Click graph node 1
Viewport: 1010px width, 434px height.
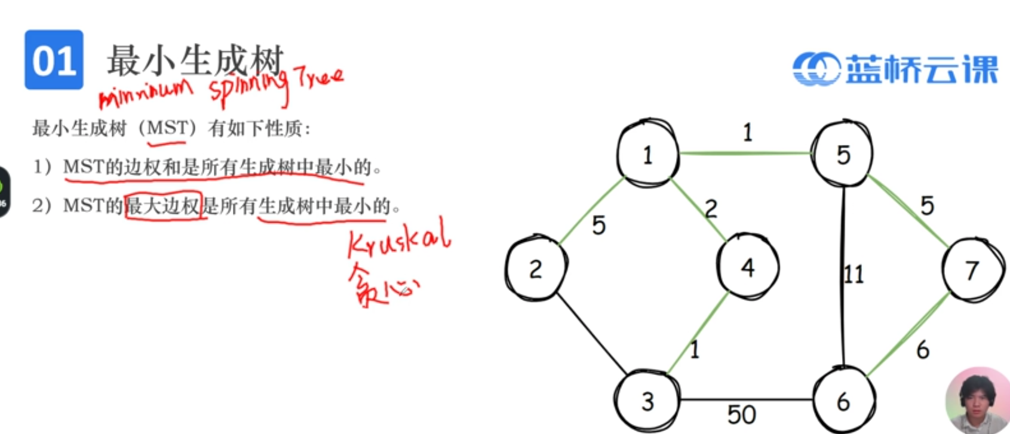pos(647,155)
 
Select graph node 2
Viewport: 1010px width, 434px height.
pos(535,269)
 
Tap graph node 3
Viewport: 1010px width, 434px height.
pos(647,401)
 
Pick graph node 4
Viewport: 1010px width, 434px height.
pos(747,267)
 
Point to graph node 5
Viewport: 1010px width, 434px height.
pos(843,155)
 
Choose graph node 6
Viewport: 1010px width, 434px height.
pos(843,402)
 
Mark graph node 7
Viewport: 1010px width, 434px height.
pos(972,270)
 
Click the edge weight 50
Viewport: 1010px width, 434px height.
pos(741,414)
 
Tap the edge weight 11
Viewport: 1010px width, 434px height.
pos(854,275)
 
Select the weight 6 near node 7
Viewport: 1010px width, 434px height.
pos(923,350)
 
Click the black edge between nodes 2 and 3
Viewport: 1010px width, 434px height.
pos(591,334)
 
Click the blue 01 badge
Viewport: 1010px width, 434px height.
pos(54,60)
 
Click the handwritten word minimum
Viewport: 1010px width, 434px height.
pos(146,93)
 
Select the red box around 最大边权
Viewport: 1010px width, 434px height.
pos(163,206)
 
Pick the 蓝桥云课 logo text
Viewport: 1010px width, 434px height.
pos(922,69)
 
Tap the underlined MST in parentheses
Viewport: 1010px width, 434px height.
pos(167,128)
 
